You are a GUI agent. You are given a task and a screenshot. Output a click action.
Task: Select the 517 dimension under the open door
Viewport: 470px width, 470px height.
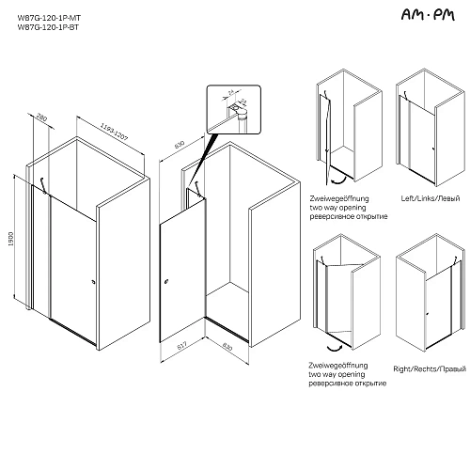184,345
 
